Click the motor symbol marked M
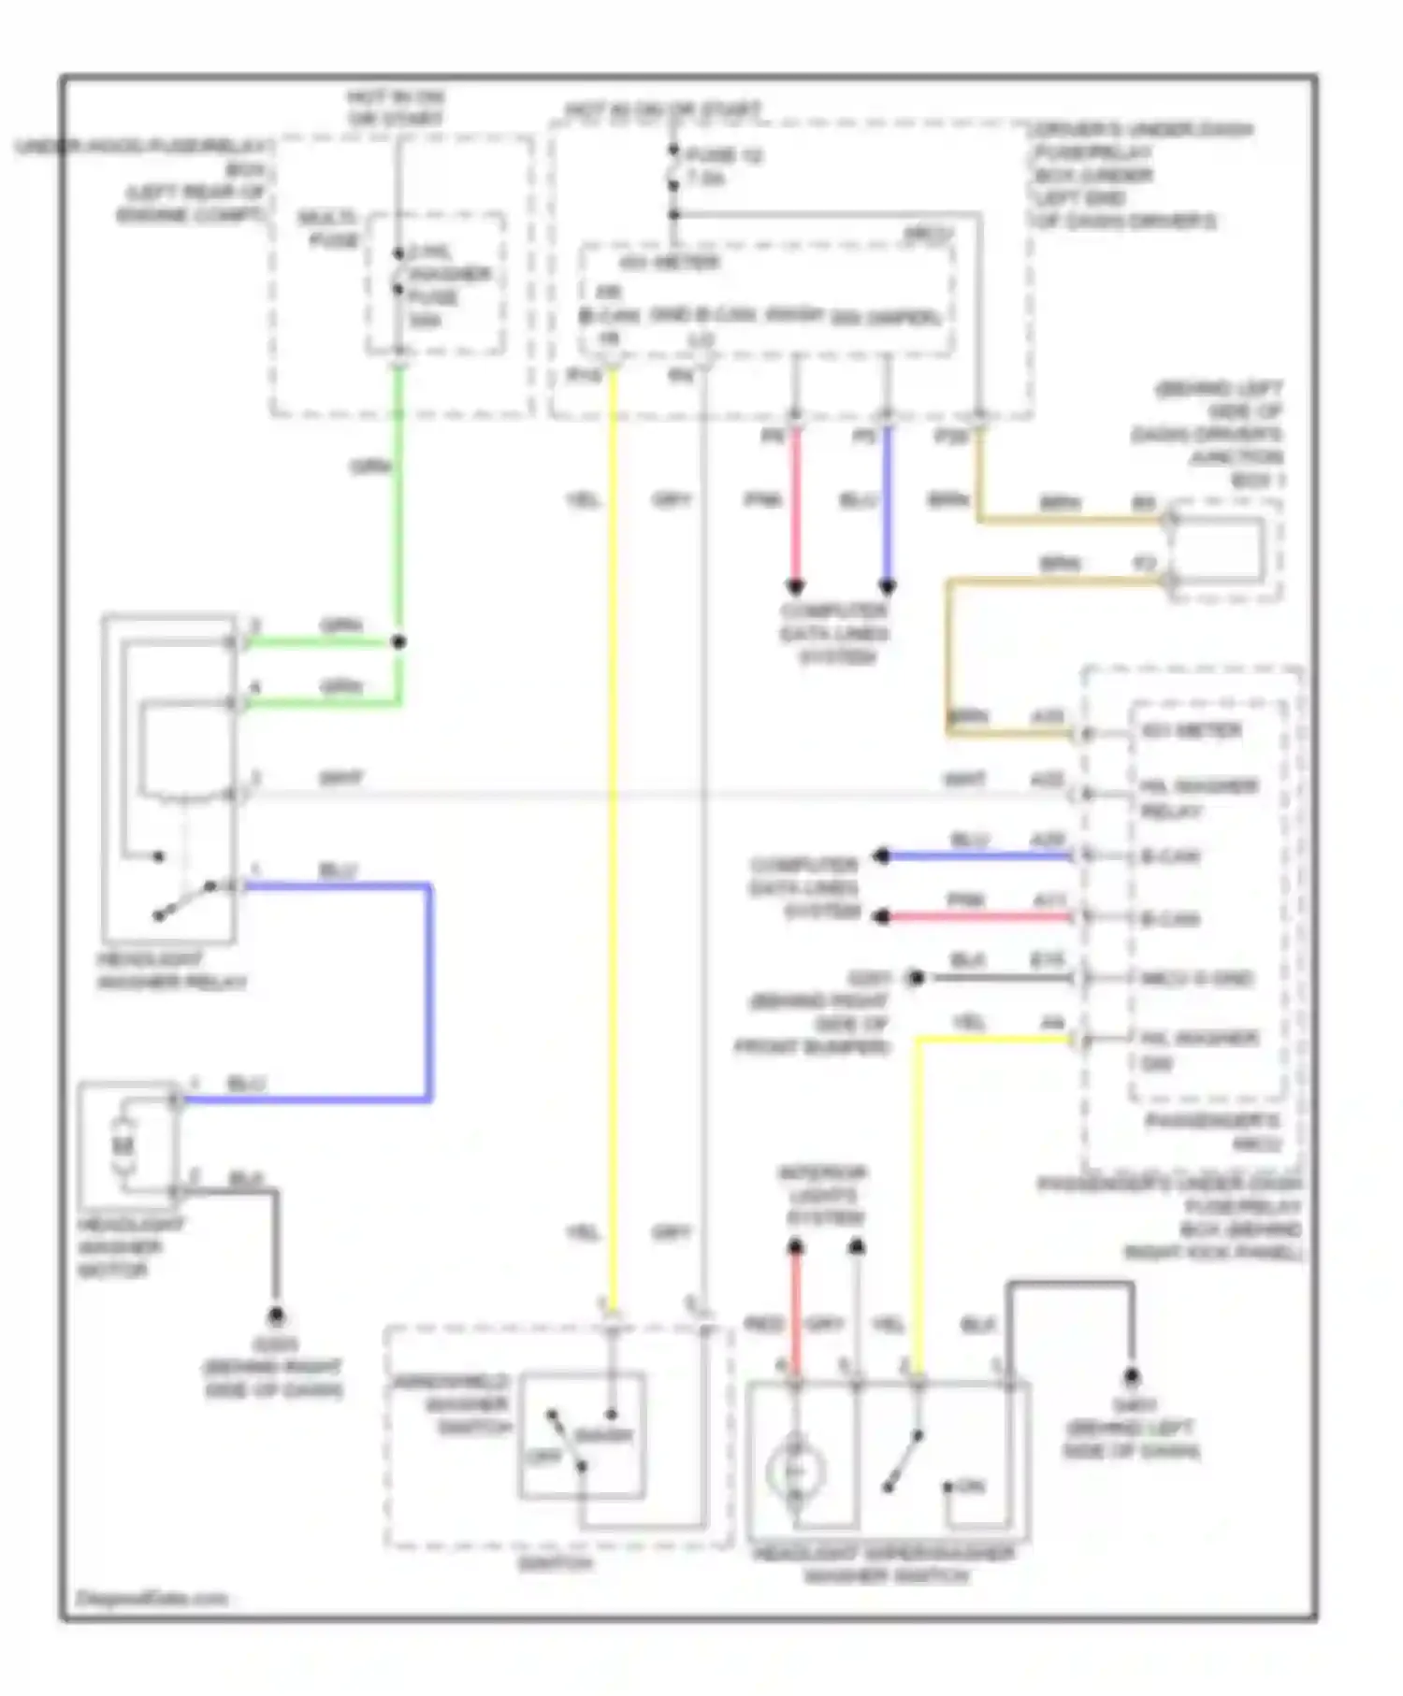pyautogui.click(x=123, y=1144)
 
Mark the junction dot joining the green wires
pyautogui.click(x=399, y=642)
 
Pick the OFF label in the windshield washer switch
pyautogui.click(x=543, y=1456)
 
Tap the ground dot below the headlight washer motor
pyautogui.click(x=276, y=1316)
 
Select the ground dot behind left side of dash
pyautogui.click(x=1132, y=1376)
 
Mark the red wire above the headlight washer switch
pyautogui.click(x=795, y=1309)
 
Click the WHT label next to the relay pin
pyautogui.click(x=341, y=778)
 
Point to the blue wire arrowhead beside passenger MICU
pyautogui.click(x=882, y=855)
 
